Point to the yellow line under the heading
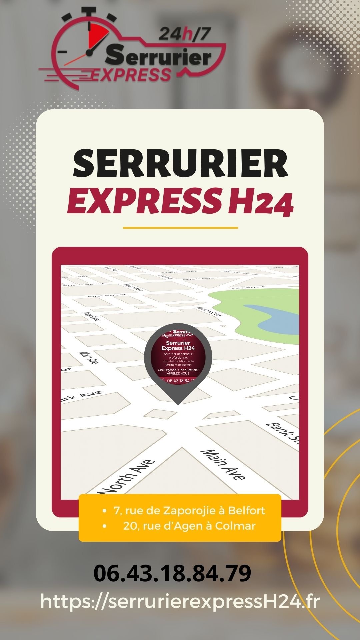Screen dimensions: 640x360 180,228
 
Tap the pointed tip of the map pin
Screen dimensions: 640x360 178,403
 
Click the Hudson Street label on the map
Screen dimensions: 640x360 210,312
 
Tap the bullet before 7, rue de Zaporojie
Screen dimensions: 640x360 105,511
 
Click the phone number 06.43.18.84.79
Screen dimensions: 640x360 172,573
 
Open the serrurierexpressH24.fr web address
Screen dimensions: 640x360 180,602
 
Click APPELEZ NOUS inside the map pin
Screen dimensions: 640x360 178,373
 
